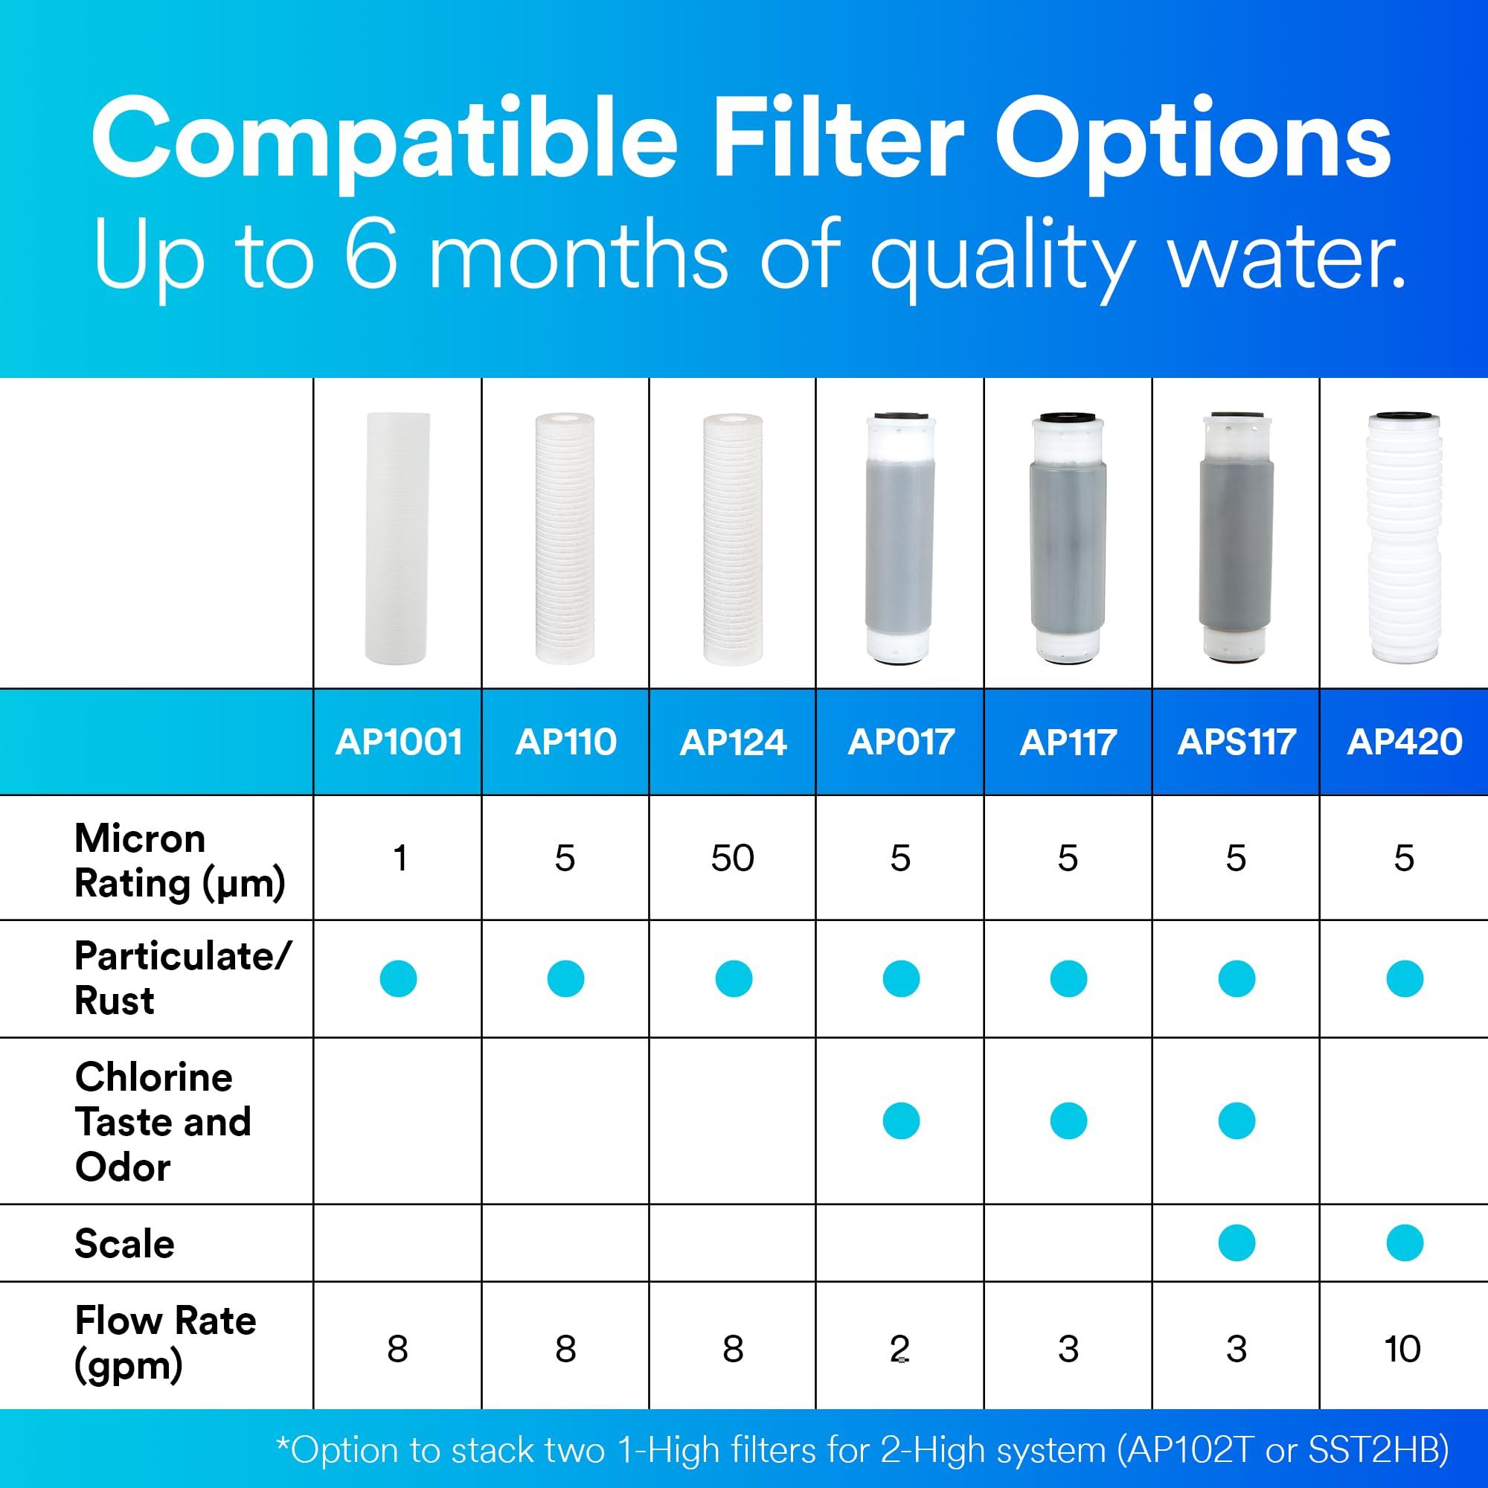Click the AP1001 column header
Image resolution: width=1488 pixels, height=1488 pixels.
point(398,743)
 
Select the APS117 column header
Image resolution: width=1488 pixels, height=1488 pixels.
point(1236,743)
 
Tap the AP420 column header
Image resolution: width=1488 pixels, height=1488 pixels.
point(1404,743)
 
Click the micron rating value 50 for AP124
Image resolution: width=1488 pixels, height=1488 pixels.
point(732,858)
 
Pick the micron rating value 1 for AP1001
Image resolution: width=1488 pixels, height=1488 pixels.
point(399,858)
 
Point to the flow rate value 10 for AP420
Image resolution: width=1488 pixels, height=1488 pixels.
point(1402,1349)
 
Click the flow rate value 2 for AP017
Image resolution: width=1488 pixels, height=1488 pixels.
point(899,1349)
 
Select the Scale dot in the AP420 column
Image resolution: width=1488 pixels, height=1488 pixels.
point(1404,1243)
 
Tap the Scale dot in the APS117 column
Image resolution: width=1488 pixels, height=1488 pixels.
point(1236,1243)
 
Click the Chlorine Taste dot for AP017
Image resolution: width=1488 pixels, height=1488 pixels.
point(900,1120)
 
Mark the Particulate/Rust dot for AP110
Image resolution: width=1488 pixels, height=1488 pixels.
point(565,979)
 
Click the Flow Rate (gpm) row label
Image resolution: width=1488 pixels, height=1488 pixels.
point(165,1342)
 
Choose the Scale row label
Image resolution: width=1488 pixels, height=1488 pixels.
point(125,1244)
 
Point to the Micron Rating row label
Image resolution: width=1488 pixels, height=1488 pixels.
point(179,860)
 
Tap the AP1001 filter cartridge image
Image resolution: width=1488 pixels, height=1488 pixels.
point(397,539)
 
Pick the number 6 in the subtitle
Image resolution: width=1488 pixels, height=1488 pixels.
point(371,255)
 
